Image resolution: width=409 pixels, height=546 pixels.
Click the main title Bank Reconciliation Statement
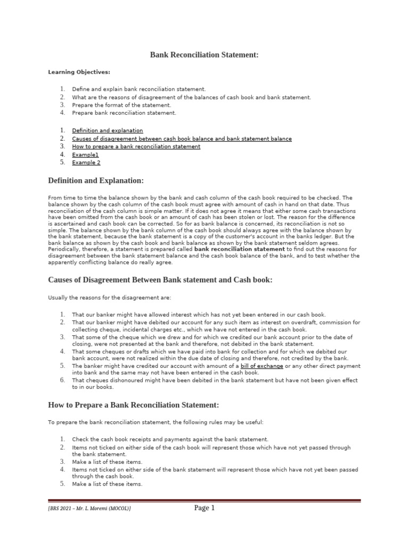pyautogui.click(x=204, y=55)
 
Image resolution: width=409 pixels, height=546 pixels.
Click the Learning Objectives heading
pyautogui.click(x=79, y=72)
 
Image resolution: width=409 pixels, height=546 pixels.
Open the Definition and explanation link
pyautogui.click(x=108, y=130)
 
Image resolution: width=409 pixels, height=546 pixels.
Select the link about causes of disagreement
pyautogui.click(x=182, y=139)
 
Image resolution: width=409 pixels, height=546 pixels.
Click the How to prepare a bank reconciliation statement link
pyautogui.click(x=136, y=147)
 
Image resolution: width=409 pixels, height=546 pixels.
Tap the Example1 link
pyautogui.click(x=85, y=155)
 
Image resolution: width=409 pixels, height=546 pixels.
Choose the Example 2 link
pyautogui.click(x=86, y=163)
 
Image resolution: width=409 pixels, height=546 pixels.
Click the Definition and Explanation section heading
pyautogui.click(x=96, y=181)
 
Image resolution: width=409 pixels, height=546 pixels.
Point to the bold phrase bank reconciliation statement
pyautogui.click(x=240, y=249)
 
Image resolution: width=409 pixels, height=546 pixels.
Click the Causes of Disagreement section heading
pyautogui.click(x=160, y=280)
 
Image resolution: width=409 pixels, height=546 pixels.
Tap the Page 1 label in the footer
pyautogui.click(x=204, y=508)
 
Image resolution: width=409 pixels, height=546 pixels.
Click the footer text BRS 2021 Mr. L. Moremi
pyautogui.click(x=89, y=509)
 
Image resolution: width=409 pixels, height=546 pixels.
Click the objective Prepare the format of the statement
pyautogui.click(x=121, y=105)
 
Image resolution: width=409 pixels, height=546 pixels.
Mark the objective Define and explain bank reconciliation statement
pyautogui.click(x=138, y=89)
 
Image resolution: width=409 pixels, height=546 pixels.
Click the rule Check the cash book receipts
pyautogui.click(x=170, y=439)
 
